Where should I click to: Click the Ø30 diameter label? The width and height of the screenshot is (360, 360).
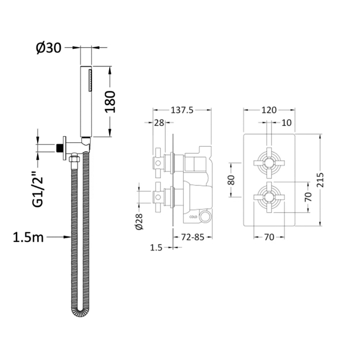(x=49, y=48)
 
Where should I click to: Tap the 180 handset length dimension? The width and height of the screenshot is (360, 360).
(x=110, y=102)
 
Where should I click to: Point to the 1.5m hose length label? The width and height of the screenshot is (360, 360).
(x=28, y=237)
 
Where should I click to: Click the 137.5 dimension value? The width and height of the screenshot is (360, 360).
(x=182, y=110)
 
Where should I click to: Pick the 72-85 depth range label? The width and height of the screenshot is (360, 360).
(x=193, y=237)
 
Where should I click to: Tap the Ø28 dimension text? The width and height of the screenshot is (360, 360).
(x=139, y=222)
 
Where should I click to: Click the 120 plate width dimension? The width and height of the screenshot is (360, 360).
(x=269, y=110)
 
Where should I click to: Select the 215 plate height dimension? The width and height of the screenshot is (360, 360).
(x=320, y=180)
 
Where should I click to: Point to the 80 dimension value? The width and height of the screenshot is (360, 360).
(x=231, y=180)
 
